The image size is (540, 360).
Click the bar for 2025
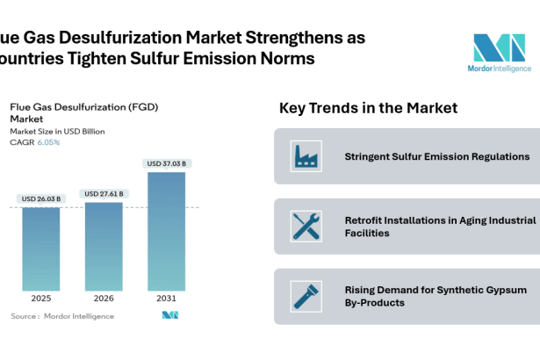pyautogui.click(x=41, y=248)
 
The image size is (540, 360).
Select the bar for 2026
pyautogui.click(x=104, y=245)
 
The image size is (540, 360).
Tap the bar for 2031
pyautogui.click(x=167, y=231)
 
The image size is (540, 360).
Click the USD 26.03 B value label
pyautogui.click(x=41, y=198)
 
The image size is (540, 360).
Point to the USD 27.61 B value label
pyautogui.click(x=104, y=193)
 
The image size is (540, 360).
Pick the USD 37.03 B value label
pyautogui.click(x=167, y=163)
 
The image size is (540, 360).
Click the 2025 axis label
pyautogui.click(x=41, y=299)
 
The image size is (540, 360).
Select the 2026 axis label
pyautogui.click(x=104, y=299)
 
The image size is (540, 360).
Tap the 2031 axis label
pyautogui.click(x=167, y=299)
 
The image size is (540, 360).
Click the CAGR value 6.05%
pyautogui.click(x=49, y=142)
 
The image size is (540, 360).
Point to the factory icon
pyautogui.click(x=306, y=156)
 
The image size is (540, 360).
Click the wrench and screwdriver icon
pyautogui.click(x=306, y=227)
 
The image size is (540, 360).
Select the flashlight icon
pyautogui.click(x=306, y=296)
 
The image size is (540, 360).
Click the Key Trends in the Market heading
pyautogui.click(x=368, y=108)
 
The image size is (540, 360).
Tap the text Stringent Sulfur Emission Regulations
pyautogui.click(x=436, y=156)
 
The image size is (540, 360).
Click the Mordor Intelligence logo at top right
pyautogui.click(x=499, y=52)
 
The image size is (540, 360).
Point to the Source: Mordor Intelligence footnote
pyautogui.click(x=62, y=316)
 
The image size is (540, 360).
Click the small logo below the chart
pyautogui.click(x=169, y=315)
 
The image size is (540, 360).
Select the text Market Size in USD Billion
pyautogui.click(x=57, y=131)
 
